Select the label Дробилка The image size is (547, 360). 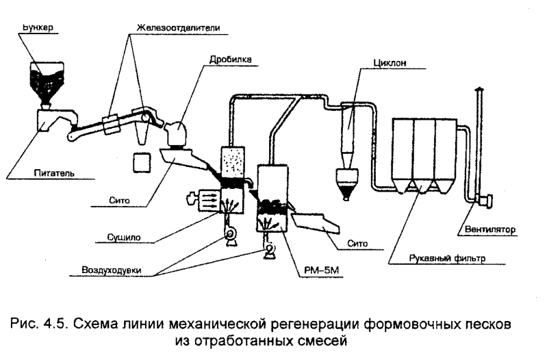click(x=231, y=60)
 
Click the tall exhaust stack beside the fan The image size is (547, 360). click(x=478, y=137)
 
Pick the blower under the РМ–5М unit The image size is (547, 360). click(x=268, y=251)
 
